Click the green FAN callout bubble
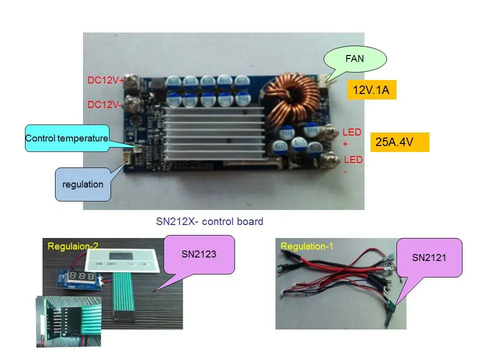coord(355,59)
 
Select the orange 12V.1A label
coord(371,90)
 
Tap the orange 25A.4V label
coord(400,142)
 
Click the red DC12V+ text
coord(105,80)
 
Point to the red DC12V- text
coord(104,104)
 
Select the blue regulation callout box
coord(83,184)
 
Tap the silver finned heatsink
coord(214,132)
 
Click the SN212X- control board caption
coord(209,221)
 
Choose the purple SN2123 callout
coord(199,254)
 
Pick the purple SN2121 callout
coord(429,258)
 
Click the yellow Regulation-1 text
coord(306,246)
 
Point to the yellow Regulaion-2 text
coord(73,246)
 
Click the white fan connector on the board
coord(323,80)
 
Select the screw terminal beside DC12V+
coord(131,81)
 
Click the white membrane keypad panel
coord(122,260)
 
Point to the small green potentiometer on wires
coord(390,306)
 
